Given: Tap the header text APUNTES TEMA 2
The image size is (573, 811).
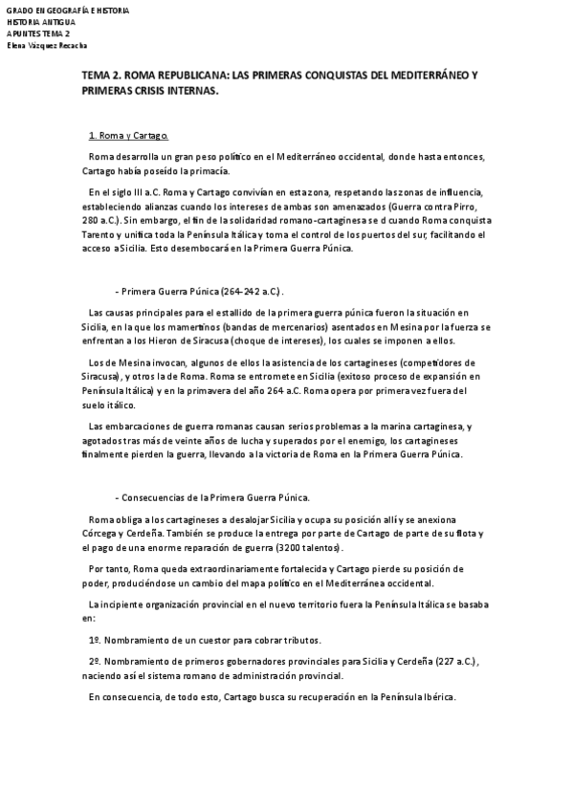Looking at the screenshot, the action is point(37,33).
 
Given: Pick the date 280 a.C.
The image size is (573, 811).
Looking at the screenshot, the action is point(101,220).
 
